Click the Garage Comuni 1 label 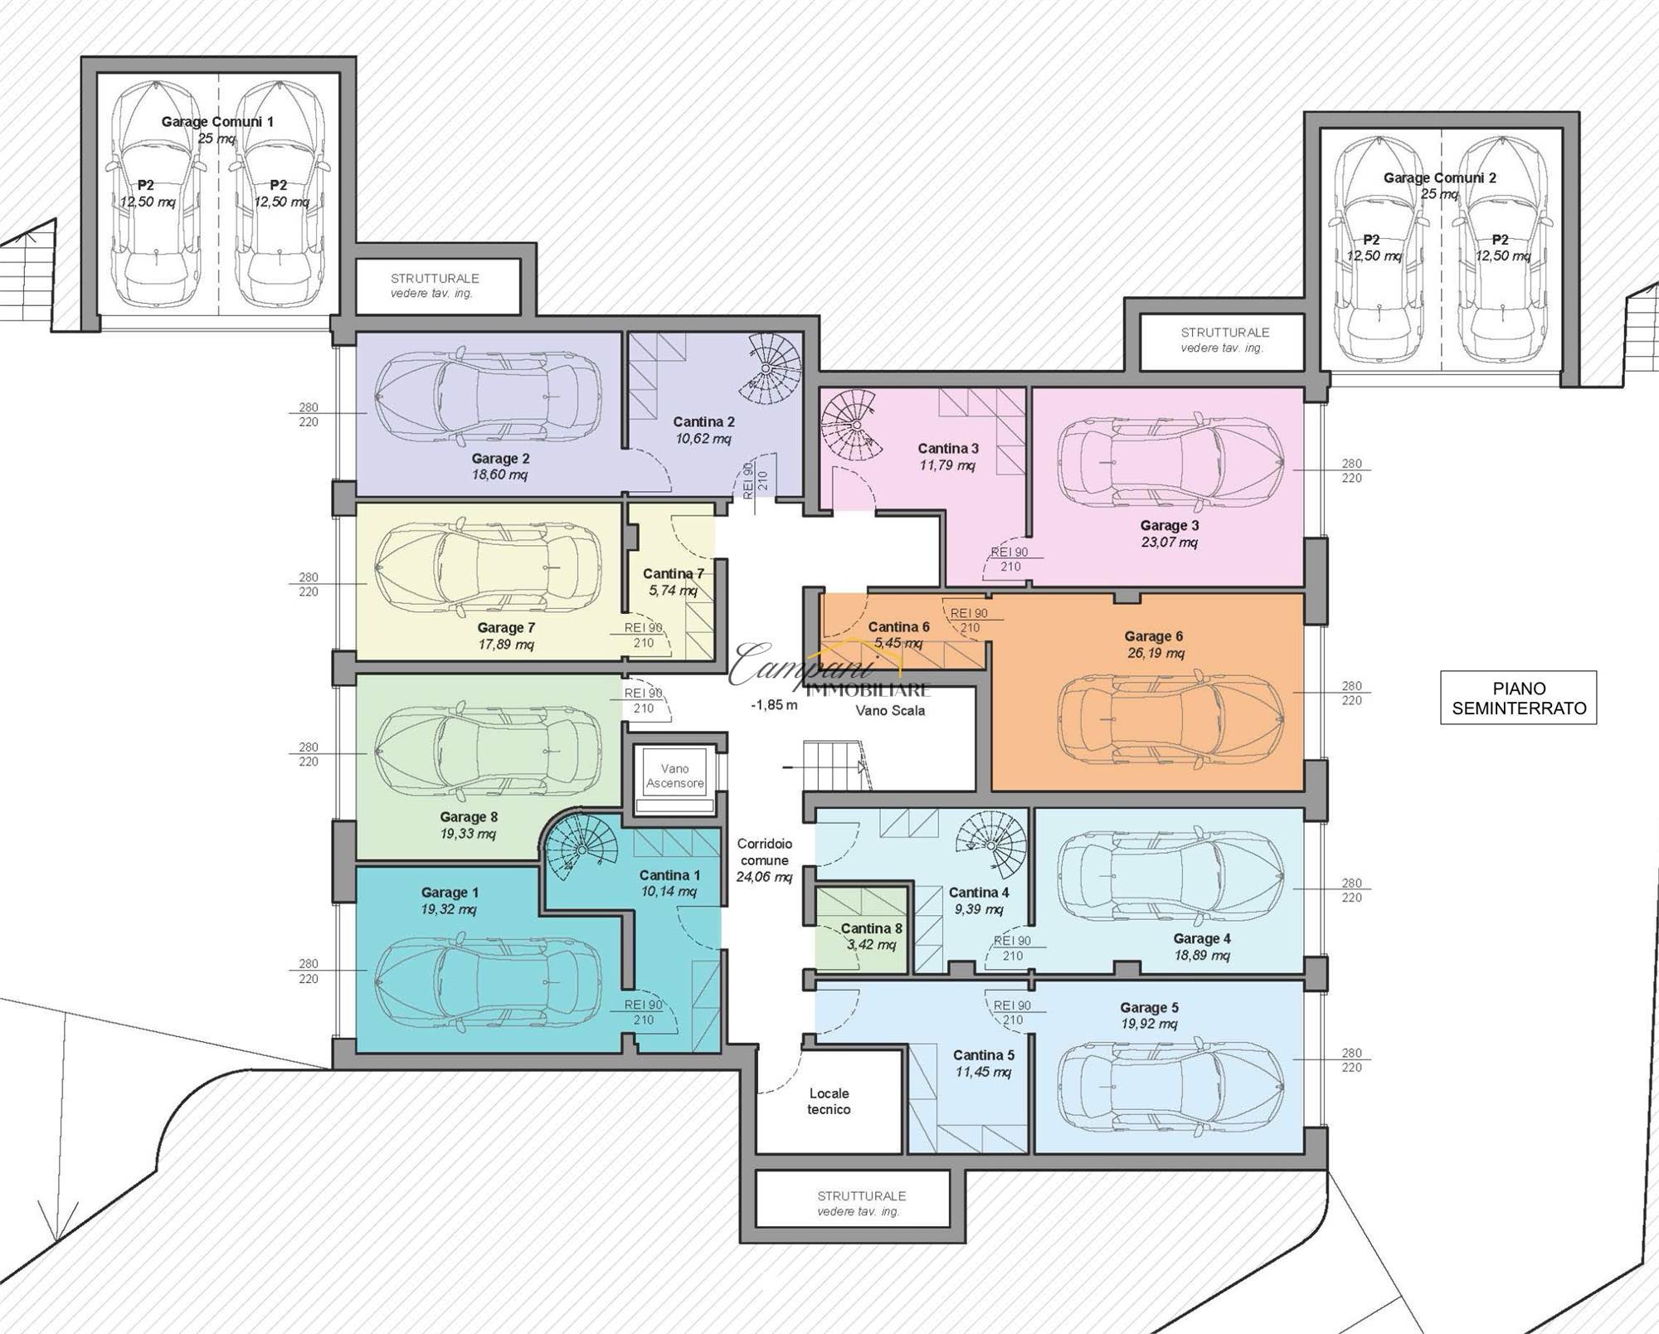(x=217, y=122)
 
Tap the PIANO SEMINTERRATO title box (x=1518, y=698)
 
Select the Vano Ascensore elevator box (x=675, y=780)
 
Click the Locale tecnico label (x=829, y=1101)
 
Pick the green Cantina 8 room (x=862, y=930)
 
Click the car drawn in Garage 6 (x=1170, y=718)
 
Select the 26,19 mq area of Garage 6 (x=1155, y=653)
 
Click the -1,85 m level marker (x=774, y=705)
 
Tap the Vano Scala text (x=890, y=710)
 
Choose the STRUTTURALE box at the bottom (x=861, y=1204)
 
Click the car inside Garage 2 (x=488, y=395)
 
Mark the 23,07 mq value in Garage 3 (x=1170, y=542)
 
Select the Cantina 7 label (x=673, y=573)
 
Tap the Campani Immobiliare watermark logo (x=829, y=669)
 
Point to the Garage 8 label (x=469, y=817)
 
